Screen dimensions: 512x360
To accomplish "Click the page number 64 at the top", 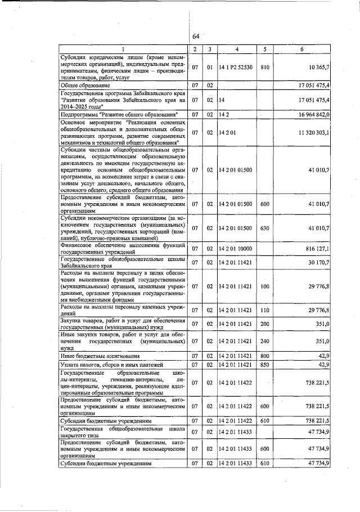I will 196,37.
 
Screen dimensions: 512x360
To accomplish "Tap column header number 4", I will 237,50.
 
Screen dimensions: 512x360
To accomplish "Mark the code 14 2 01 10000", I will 237,248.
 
